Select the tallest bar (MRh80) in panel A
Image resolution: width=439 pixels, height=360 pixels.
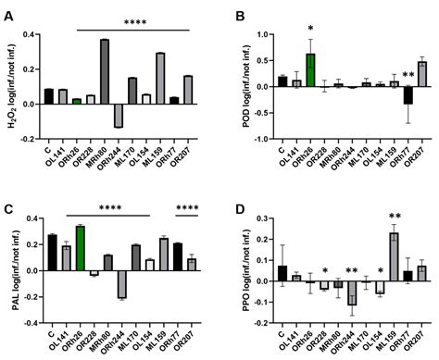point(105,71)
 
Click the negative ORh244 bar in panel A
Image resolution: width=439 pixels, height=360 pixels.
point(119,115)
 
